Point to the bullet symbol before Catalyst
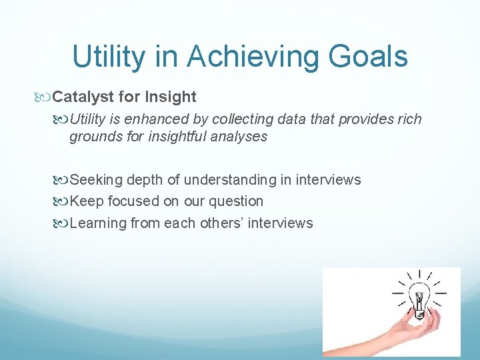[x=45, y=97]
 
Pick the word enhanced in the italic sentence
[x=155, y=119]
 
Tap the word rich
[x=408, y=119]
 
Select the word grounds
[x=93, y=137]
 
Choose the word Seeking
[x=94, y=179]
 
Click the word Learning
[x=97, y=223]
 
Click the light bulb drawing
[x=419, y=295]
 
